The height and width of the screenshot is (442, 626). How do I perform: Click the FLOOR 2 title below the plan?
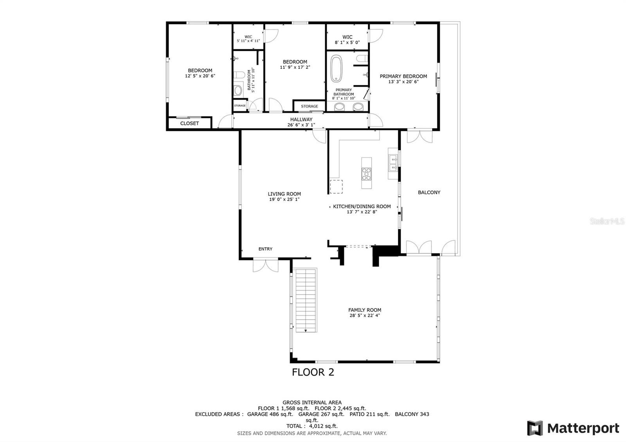point(313,372)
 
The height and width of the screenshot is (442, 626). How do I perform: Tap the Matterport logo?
point(573,428)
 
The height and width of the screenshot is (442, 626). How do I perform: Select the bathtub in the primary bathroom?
point(336,68)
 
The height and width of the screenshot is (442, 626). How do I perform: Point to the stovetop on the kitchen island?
point(366,174)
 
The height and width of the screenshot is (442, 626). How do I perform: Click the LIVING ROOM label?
point(284,194)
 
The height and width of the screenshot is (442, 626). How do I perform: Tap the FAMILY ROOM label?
point(365,310)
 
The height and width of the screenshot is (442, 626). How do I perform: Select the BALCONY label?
point(429,192)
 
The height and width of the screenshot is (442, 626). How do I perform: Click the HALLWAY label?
point(301,119)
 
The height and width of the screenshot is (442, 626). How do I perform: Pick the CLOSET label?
point(189,123)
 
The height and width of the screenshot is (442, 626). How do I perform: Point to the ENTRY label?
point(265,249)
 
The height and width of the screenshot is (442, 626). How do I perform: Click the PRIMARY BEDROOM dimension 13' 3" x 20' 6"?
point(403,82)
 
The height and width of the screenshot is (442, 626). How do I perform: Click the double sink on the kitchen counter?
point(393,164)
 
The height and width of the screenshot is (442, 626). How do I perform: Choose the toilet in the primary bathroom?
point(362,59)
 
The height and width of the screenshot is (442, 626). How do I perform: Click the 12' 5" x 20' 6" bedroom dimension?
point(200,76)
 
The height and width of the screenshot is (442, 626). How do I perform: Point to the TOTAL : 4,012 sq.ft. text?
point(312,426)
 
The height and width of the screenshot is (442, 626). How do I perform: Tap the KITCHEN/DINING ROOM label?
point(362,207)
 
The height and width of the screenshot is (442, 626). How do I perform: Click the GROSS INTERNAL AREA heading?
point(312,402)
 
